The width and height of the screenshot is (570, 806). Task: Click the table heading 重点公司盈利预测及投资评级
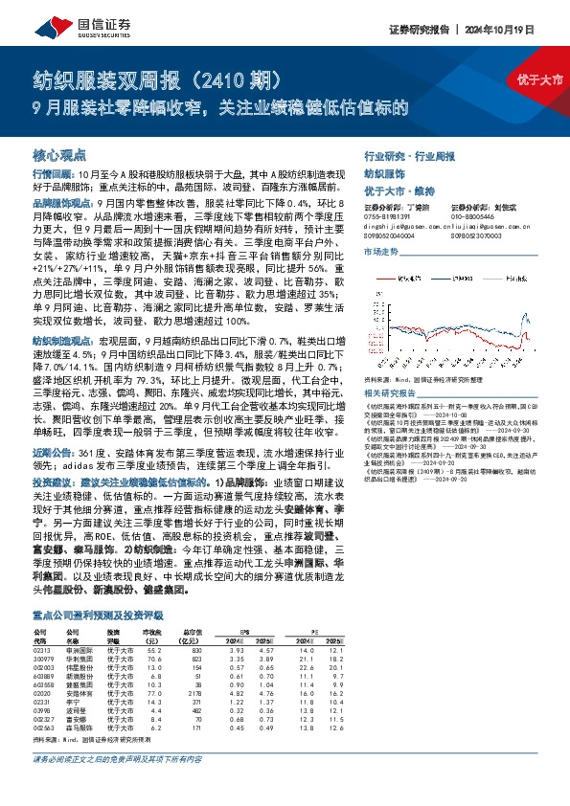(99, 616)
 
